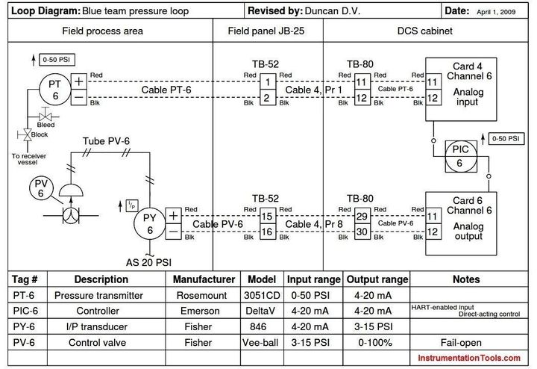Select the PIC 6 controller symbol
tap(461, 156)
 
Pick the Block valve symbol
tap(27, 134)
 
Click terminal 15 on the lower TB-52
tap(267, 216)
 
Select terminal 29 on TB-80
tap(362, 216)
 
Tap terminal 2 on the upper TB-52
tap(267, 98)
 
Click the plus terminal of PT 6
tap(79, 81)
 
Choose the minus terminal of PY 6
tap(173, 232)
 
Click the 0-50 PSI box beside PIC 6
tap(506, 138)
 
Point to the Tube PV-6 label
tap(106, 141)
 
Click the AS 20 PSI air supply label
tap(148, 263)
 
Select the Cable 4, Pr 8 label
tap(314, 224)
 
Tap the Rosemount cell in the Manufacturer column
tap(201, 295)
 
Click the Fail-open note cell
tap(461, 343)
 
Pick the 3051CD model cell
tap(262, 295)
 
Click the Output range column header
tap(377, 279)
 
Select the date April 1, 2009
tap(496, 12)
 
